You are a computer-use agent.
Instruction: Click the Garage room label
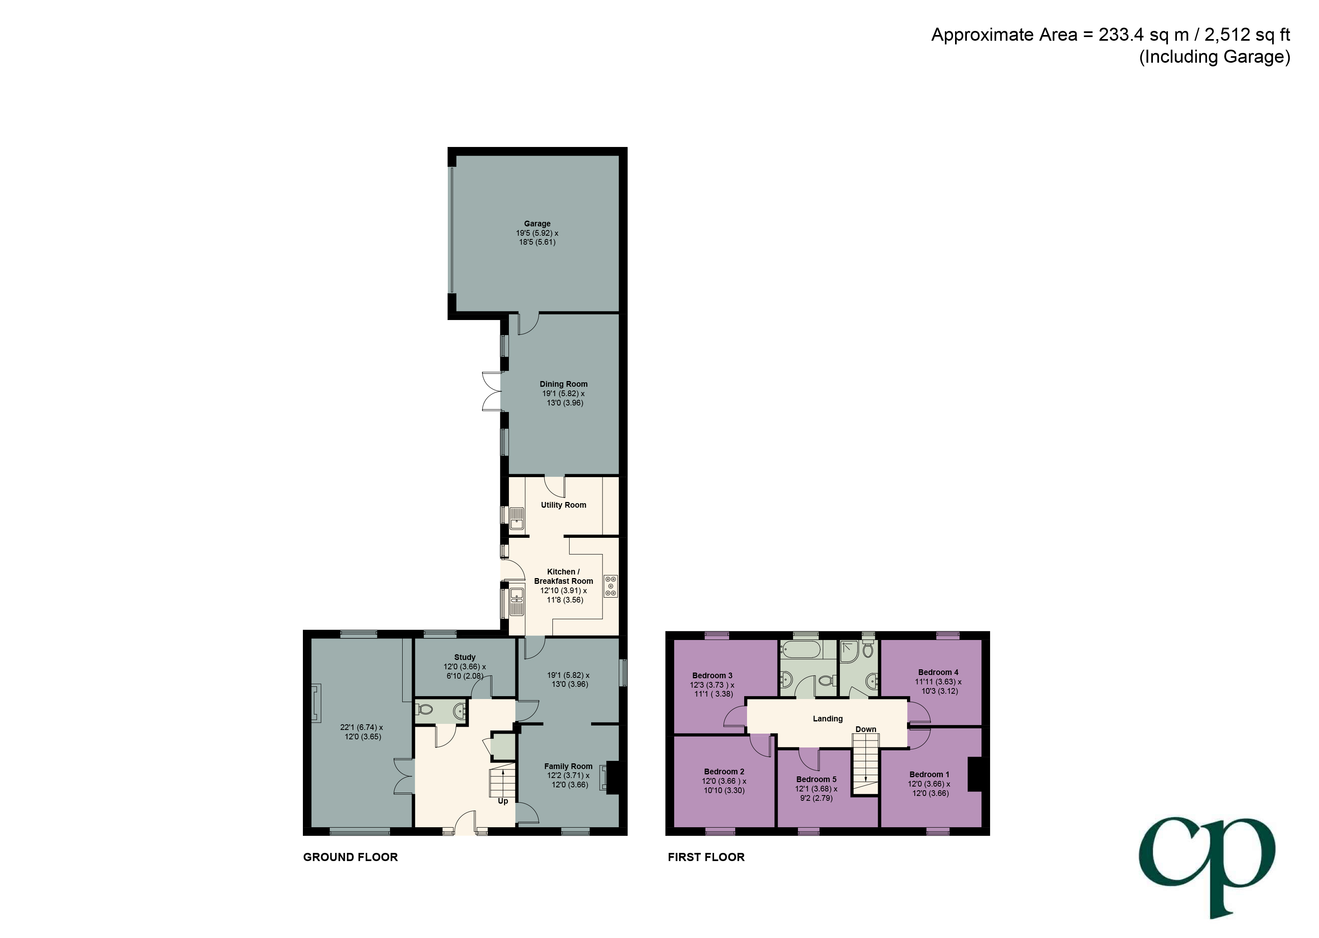(537, 224)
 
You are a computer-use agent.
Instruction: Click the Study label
(464, 657)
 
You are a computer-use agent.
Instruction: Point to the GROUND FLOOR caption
(350, 857)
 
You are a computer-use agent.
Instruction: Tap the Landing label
(828, 719)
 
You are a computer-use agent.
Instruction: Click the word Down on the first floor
(865, 730)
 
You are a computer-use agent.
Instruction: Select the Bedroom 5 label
(816, 779)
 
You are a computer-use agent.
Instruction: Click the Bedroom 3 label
(712, 675)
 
